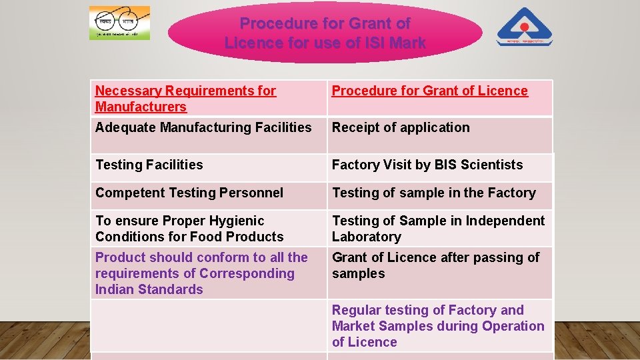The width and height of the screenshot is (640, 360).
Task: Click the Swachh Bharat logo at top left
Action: click(119, 23)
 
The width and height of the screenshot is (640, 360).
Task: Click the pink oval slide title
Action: click(325, 33)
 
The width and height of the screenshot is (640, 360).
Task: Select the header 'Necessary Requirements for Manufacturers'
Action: click(185, 99)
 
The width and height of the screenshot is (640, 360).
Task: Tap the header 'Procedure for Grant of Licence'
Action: click(429, 91)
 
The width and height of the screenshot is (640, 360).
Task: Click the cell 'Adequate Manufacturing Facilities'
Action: click(203, 127)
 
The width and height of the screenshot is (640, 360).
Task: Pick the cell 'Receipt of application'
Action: click(401, 127)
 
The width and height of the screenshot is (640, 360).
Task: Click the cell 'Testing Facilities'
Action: click(149, 165)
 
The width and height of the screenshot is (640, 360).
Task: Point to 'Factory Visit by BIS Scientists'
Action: click(427, 165)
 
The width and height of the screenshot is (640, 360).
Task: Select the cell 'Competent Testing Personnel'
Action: click(189, 193)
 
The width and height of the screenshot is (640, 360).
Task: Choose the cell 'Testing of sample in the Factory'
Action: click(434, 193)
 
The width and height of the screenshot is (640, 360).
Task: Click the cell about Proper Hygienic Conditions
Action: click(189, 229)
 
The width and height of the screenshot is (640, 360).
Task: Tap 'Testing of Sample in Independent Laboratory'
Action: click(438, 229)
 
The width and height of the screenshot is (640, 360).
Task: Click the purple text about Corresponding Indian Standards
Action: click(201, 273)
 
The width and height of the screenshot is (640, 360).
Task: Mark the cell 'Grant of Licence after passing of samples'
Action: click(435, 265)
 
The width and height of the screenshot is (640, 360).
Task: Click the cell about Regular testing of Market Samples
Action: click(438, 326)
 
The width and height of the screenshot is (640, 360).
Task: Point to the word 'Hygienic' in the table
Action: click(237, 221)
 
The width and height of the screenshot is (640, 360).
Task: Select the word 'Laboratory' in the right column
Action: click(367, 237)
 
